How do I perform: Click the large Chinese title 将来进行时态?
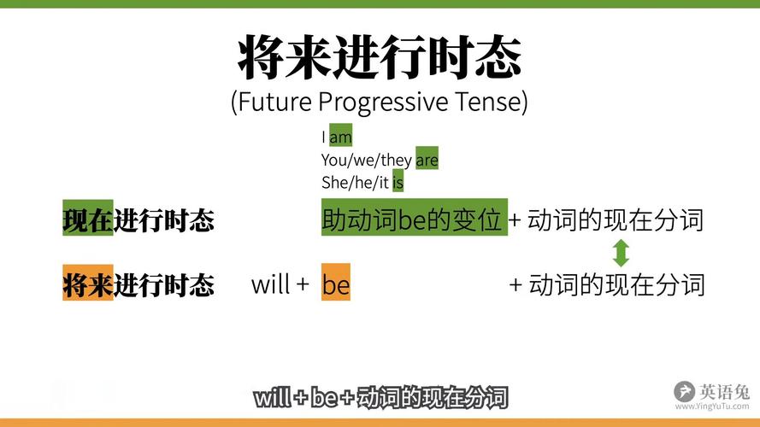point(379,57)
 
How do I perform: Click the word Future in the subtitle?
point(273,102)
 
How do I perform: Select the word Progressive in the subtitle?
point(383,102)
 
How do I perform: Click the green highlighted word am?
point(340,137)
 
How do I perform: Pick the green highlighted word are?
point(427,160)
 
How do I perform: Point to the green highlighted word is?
point(398,182)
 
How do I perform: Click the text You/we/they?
point(367,160)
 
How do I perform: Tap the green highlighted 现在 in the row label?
point(87,220)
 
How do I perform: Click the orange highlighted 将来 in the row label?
point(87,284)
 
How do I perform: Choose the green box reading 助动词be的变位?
point(413,219)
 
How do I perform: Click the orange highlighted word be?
point(336,284)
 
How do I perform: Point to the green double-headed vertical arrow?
point(622,253)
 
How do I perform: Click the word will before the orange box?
point(271,284)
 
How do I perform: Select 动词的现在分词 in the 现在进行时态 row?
point(616,220)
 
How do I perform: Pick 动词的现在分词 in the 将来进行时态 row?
point(616,284)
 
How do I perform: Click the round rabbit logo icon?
point(684,392)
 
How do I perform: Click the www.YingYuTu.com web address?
point(712,407)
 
